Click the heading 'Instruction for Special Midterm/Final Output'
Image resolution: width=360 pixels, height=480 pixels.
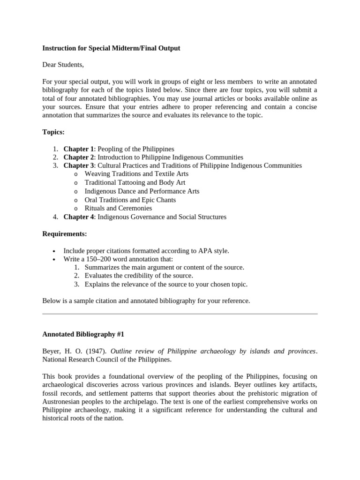click(111, 48)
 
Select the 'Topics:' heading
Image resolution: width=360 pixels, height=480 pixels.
click(53, 133)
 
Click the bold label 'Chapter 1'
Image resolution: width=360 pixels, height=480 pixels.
click(79, 149)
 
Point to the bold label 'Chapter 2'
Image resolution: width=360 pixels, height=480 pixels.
click(79, 157)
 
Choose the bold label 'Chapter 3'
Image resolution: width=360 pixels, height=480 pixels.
click(79, 166)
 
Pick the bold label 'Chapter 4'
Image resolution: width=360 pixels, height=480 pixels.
click(79, 217)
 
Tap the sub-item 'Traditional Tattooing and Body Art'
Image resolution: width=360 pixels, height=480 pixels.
click(135, 183)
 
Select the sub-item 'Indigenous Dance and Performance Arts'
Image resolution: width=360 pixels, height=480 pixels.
click(142, 191)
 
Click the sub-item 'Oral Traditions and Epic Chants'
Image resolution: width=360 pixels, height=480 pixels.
click(130, 200)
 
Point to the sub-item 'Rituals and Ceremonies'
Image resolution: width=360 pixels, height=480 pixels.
click(118, 208)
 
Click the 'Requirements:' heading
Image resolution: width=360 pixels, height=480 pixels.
click(64, 234)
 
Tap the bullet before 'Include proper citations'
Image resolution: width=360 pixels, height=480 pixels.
click(55, 251)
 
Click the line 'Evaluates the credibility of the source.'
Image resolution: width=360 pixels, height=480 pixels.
click(139, 276)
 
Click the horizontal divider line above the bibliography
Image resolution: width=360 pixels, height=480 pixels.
click(180, 314)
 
